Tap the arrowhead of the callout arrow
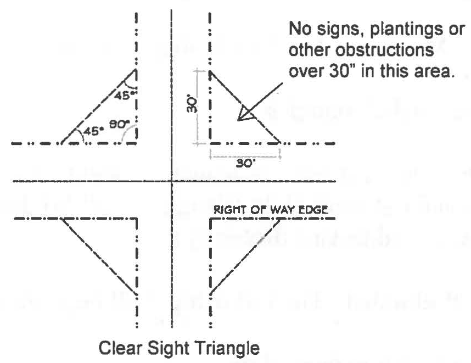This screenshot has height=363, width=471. (244, 115)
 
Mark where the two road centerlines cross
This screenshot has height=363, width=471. (172, 181)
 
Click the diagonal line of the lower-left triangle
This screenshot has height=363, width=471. (99, 256)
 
